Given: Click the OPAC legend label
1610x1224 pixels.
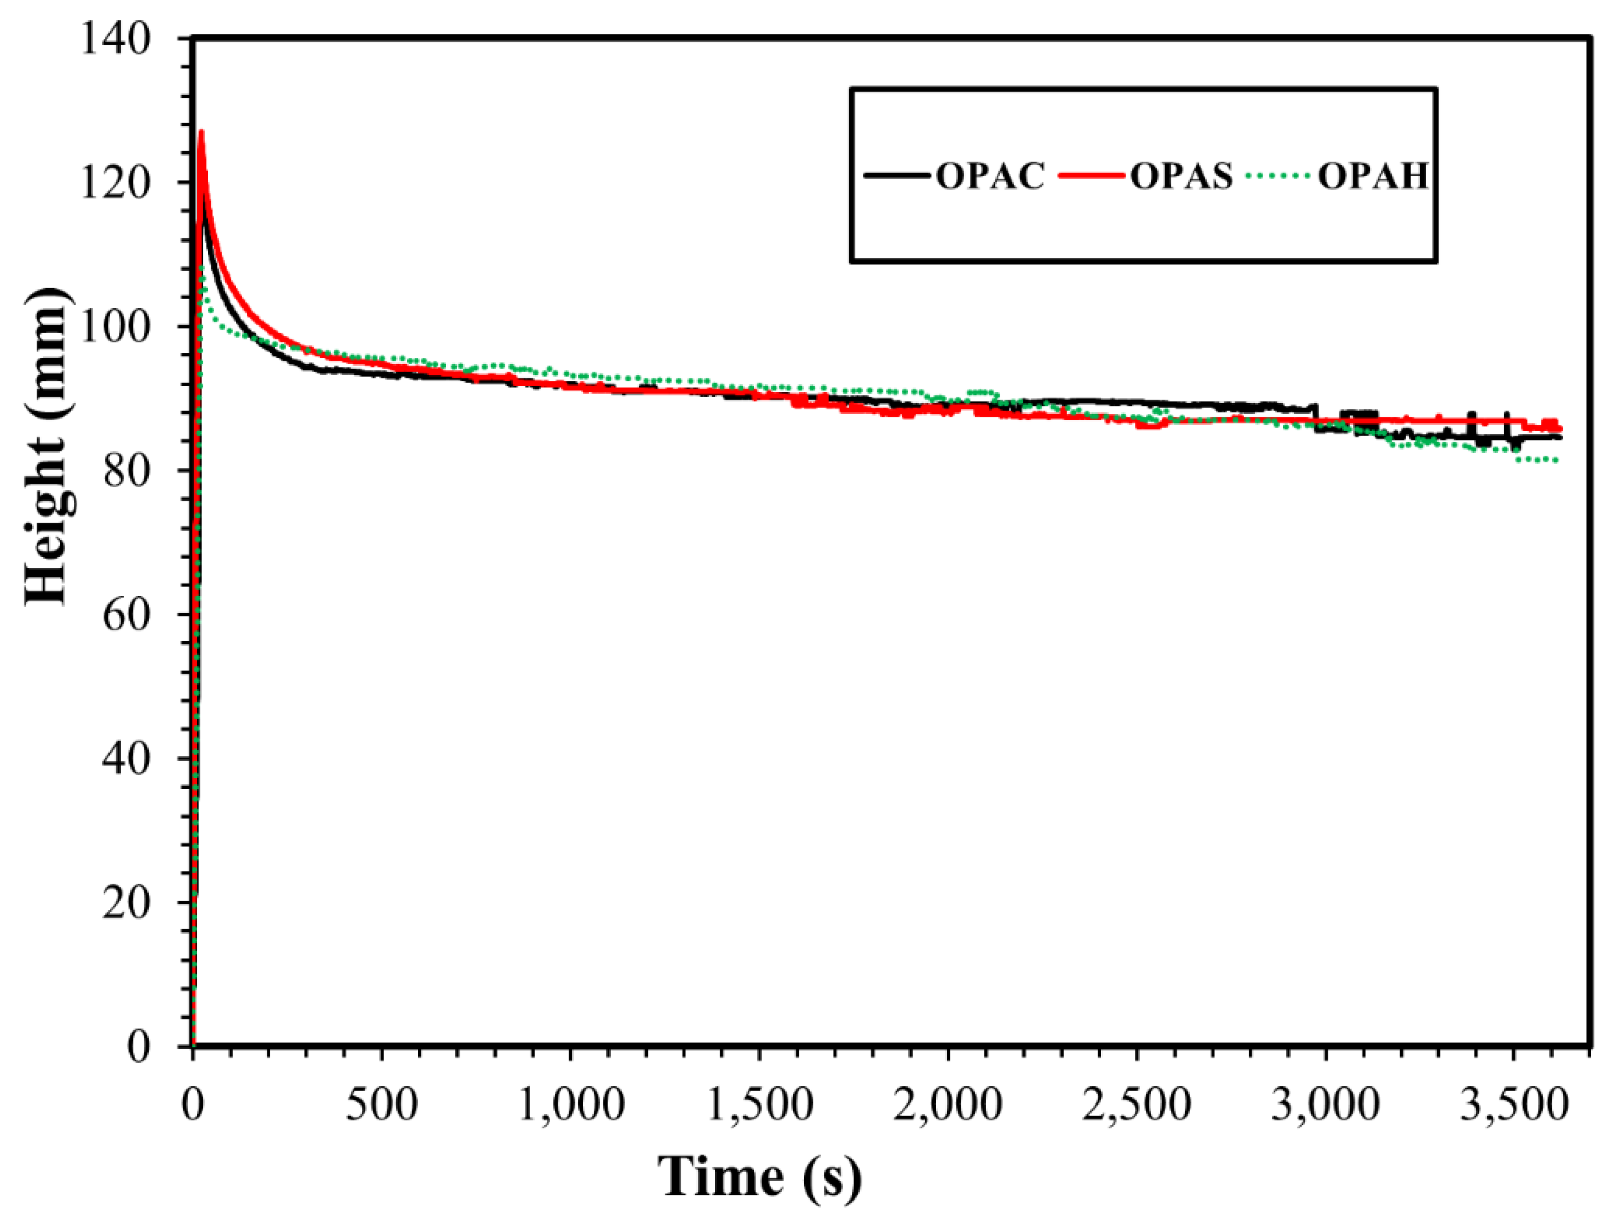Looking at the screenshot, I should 990,176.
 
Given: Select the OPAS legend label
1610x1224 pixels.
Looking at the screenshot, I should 1181,176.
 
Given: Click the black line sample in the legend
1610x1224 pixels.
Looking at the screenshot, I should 898,176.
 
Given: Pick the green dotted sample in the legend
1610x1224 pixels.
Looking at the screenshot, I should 1280,176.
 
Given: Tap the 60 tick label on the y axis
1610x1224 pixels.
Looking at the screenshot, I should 125,614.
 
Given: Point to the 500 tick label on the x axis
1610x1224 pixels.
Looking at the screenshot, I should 381,1104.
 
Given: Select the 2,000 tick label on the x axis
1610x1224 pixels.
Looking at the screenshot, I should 948,1104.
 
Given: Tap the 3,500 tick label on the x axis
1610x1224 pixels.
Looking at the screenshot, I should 1514,1104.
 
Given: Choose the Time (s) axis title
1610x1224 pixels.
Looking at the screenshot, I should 759,1176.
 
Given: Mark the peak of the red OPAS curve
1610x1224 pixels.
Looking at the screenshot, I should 201,132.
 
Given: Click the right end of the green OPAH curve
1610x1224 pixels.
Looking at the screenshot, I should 1556,460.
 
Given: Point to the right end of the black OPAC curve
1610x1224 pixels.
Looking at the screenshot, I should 1560,437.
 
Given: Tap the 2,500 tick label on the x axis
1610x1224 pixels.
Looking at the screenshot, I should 1137,1104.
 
